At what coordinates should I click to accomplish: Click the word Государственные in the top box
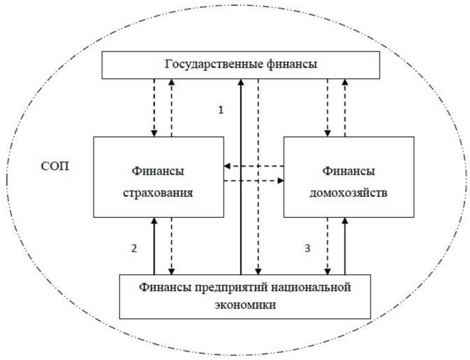214,65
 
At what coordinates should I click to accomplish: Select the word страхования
158,193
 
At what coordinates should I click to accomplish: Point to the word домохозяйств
349,193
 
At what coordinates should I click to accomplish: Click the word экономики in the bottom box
245,305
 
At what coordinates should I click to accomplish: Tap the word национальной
311,287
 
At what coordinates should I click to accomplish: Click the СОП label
55,166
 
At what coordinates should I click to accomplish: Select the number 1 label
221,110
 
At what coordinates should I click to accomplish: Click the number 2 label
134,248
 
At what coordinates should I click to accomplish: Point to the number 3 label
307,248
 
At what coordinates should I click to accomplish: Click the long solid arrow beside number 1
240,177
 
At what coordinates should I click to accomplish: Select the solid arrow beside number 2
154,246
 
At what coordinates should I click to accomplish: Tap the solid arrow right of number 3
345,246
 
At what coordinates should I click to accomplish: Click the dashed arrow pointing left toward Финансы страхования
254,166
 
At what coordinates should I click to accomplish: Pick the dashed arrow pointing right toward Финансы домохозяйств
254,181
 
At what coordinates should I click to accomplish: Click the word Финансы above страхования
158,172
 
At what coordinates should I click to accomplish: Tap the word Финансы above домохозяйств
349,172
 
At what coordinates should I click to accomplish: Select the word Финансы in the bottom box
166,287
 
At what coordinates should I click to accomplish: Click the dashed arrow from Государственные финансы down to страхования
154,108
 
